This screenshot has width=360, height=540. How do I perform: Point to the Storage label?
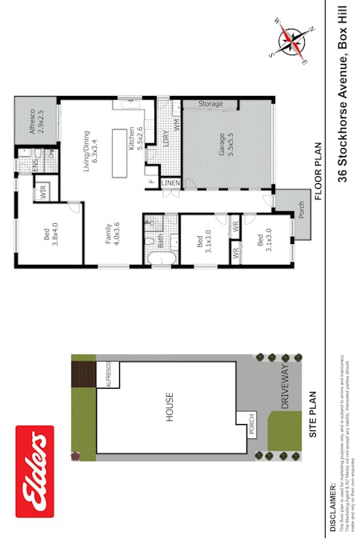pos(210,104)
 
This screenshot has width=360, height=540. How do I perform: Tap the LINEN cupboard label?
pos(170,183)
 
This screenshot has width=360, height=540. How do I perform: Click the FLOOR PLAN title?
pos(318,171)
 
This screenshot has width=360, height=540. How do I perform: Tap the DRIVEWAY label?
pos(286,388)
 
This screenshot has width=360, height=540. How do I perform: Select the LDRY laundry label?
pos(166,139)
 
